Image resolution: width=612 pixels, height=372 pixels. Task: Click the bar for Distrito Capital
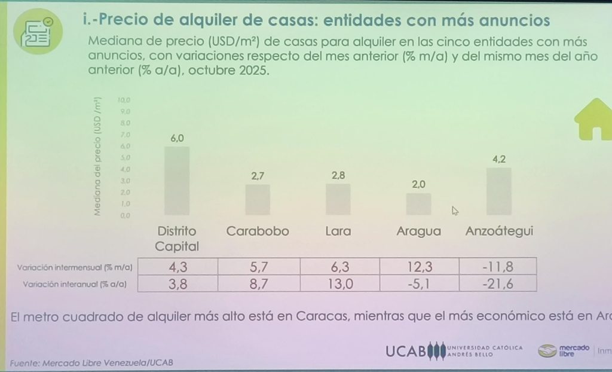(x=177, y=181)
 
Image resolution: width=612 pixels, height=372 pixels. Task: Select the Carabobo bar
(x=258, y=200)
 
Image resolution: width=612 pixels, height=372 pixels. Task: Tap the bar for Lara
(x=338, y=199)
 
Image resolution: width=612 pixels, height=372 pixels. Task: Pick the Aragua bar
(x=418, y=204)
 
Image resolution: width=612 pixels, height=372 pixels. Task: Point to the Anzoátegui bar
(x=498, y=191)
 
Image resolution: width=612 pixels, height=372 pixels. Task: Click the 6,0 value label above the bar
(x=178, y=138)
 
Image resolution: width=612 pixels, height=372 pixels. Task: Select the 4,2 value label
(x=499, y=160)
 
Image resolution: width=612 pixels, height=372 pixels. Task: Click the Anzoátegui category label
(x=499, y=231)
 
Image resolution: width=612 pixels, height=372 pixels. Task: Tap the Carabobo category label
(x=258, y=231)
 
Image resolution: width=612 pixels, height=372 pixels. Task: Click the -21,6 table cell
(x=498, y=284)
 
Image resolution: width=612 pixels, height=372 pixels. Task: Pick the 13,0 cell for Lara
(x=338, y=284)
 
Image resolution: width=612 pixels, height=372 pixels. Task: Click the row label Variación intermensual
(x=76, y=267)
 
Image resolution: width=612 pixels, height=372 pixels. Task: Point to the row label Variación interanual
(x=75, y=285)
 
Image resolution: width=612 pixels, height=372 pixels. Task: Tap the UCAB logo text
(x=407, y=352)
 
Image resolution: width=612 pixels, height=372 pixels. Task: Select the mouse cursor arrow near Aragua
(x=455, y=210)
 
